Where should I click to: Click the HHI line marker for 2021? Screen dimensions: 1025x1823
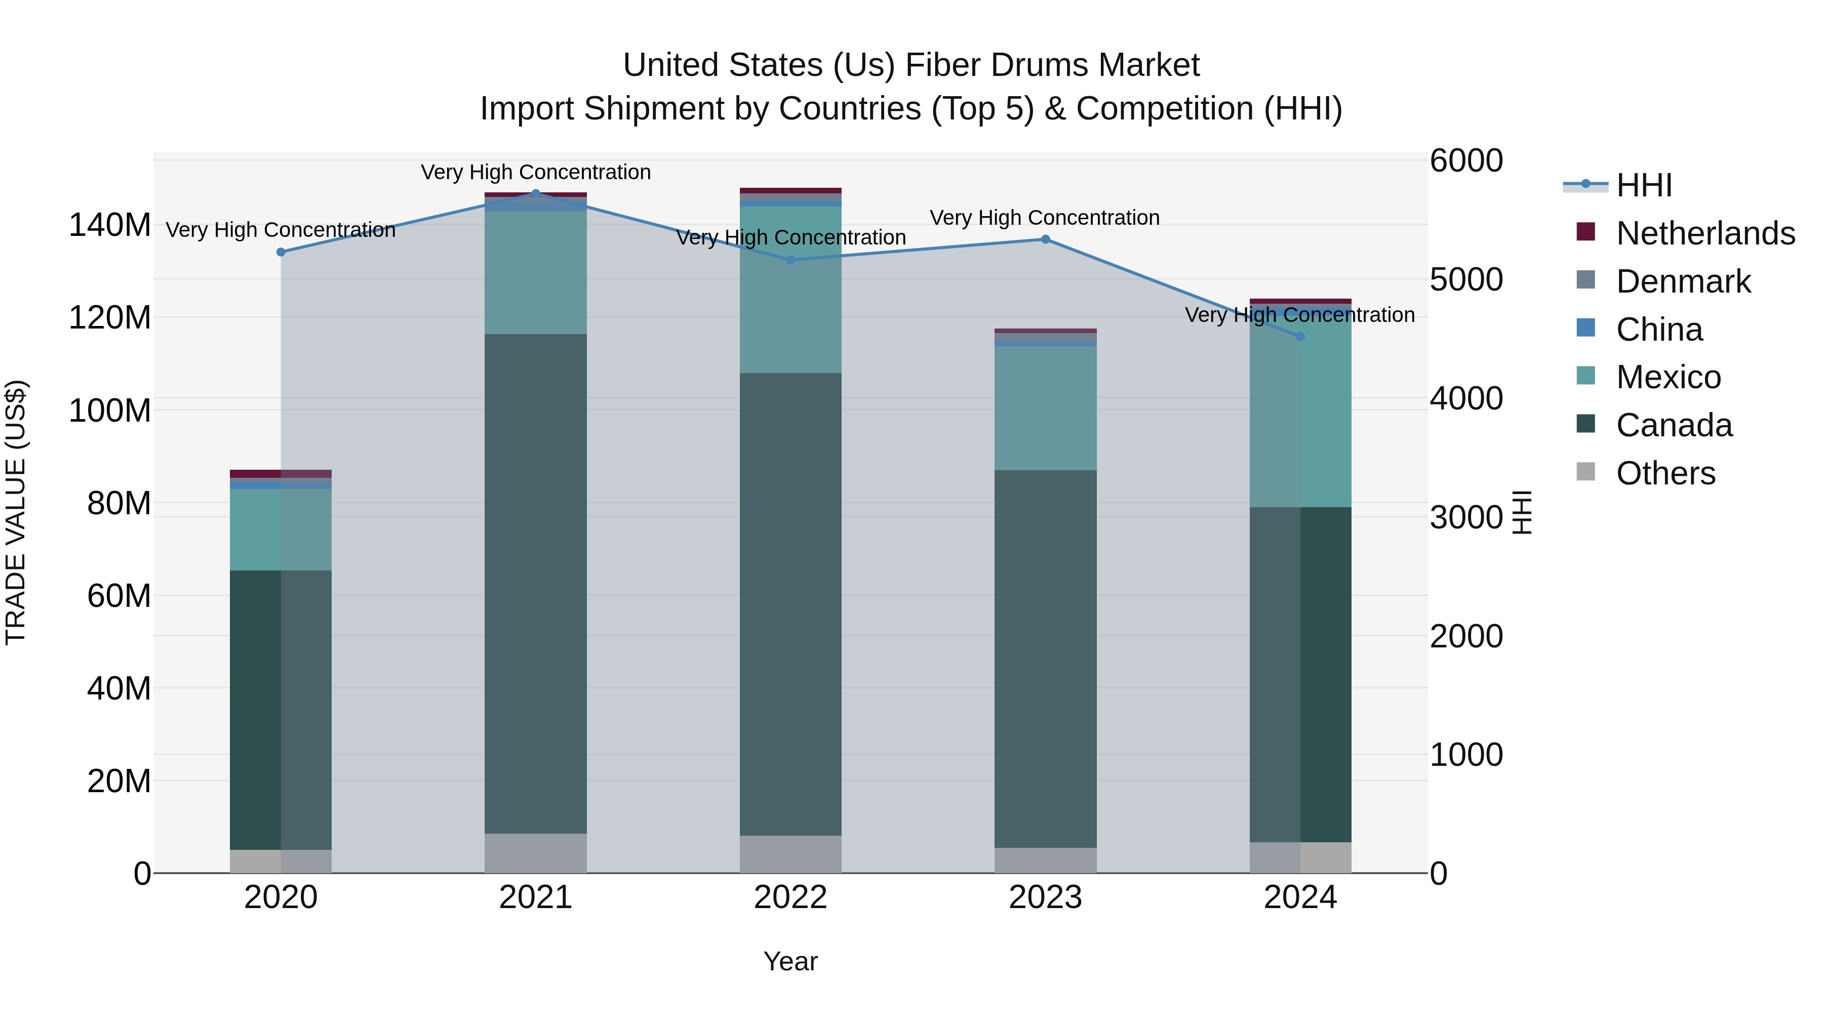coord(536,193)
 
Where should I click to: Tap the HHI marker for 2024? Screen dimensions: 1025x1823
coord(1300,337)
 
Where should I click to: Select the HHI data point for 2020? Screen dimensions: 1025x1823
coord(281,252)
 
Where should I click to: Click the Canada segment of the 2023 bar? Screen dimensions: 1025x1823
coord(1045,658)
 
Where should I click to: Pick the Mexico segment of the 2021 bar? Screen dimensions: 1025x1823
coord(536,272)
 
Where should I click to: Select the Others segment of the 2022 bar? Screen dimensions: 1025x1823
coord(790,854)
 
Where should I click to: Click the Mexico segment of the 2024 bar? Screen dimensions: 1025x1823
coord(1300,411)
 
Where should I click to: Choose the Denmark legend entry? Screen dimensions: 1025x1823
coord(1683,281)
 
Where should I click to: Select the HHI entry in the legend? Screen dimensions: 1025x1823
coord(1644,185)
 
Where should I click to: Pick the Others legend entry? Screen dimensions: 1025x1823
coord(1665,473)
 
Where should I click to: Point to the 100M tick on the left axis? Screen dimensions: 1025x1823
coord(110,411)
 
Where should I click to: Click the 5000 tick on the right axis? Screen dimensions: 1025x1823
coord(1465,279)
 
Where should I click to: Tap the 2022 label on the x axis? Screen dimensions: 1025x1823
coord(790,897)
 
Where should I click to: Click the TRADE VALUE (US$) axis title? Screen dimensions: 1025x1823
coord(16,512)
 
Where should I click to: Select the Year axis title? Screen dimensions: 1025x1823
coord(790,961)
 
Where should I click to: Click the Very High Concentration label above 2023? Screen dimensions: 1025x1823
coord(1045,218)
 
